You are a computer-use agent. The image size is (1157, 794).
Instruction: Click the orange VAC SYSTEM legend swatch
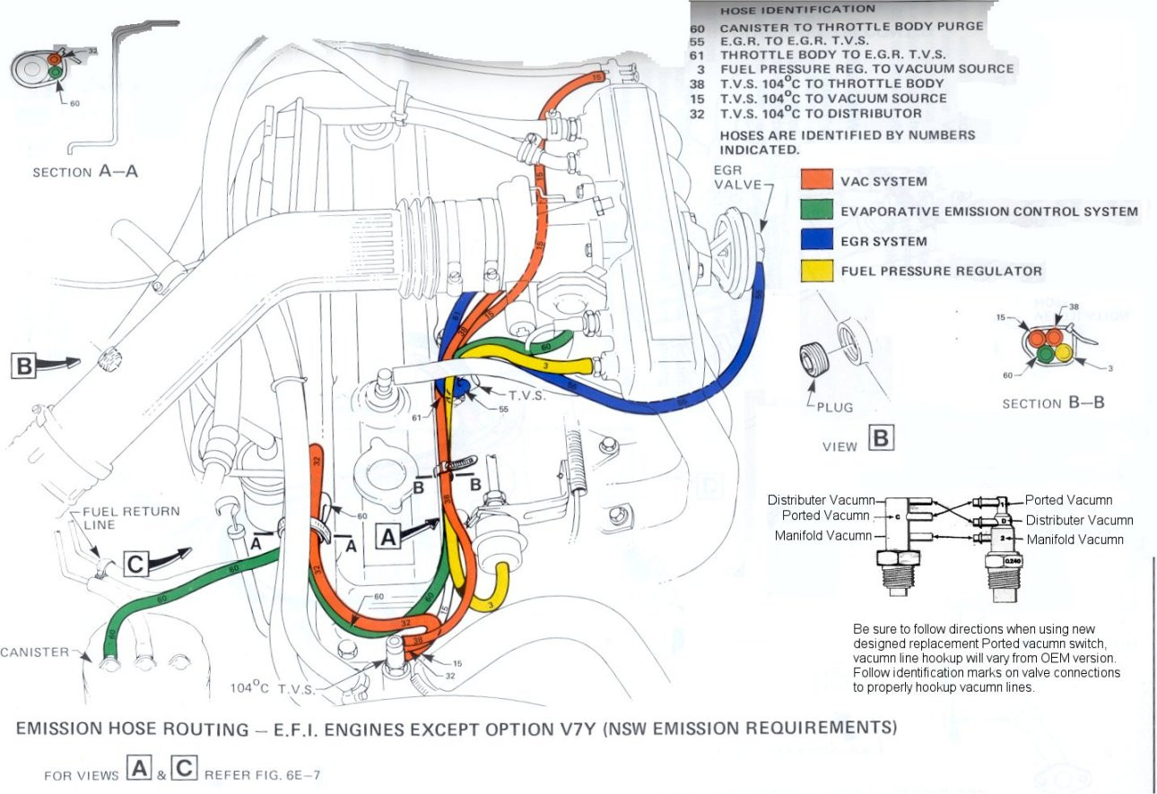coord(817,182)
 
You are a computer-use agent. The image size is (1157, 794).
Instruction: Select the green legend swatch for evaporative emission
coord(817,211)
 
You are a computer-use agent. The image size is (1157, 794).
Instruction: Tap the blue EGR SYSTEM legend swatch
coord(817,241)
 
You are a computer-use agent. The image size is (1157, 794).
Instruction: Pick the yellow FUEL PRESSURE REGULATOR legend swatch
coord(817,271)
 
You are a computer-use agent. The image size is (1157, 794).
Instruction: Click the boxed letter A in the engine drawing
coord(387,536)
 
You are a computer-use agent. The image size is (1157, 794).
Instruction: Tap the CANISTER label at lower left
coord(33,652)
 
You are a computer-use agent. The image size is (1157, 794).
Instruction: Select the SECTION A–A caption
coord(85,171)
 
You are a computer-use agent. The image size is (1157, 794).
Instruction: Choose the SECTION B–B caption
coord(1053,403)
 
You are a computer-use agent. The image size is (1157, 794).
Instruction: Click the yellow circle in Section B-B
coord(1063,353)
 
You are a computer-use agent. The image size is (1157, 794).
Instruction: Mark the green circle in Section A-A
coord(55,72)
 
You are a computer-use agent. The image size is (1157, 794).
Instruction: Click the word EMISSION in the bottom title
coord(60,729)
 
